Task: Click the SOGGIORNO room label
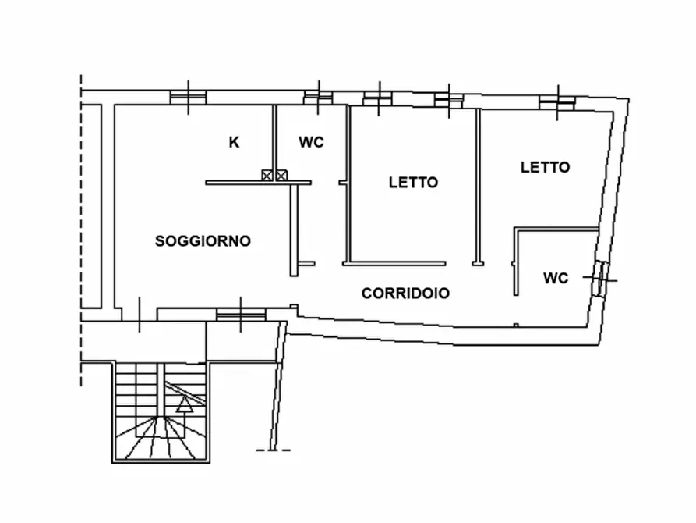pos(203,240)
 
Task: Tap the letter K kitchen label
pos(234,142)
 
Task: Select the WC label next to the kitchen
pos(311,142)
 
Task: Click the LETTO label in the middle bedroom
pos(413,183)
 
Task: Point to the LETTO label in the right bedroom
pos(545,167)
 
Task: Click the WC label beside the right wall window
pos(556,278)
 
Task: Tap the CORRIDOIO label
pos(405,294)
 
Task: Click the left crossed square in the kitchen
pos(268,176)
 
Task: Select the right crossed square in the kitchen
pos(282,176)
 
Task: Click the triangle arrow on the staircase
pos(185,404)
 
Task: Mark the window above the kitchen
pos(189,97)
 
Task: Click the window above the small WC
pos(318,97)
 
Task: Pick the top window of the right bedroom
pos(557,102)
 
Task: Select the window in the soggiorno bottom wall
pos(240,314)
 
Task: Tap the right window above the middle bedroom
pos(449,100)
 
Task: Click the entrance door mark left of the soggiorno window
pos(140,315)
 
